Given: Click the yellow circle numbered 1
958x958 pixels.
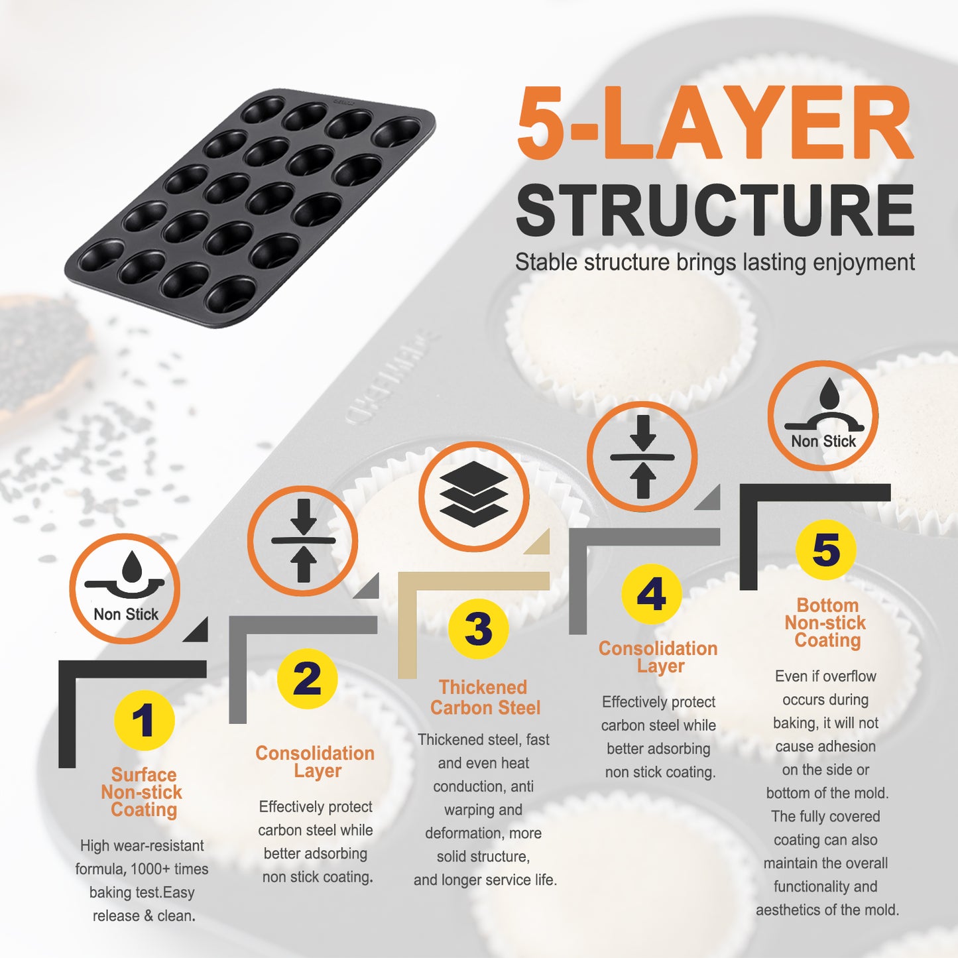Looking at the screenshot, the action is (x=144, y=720).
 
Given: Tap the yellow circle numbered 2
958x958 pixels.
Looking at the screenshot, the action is (x=307, y=679).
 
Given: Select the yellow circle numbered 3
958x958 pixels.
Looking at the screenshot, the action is (x=478, y=629).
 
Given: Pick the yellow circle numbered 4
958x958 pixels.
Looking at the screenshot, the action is (x=651, y=593).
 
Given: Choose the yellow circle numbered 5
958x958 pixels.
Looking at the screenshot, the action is (x=826, y=550).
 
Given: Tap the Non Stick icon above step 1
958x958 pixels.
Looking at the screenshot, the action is (x=125, y=588).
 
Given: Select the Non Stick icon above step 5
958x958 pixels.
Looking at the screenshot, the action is (x=823, y=416).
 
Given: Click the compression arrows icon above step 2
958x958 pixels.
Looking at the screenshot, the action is (x=303, y=541).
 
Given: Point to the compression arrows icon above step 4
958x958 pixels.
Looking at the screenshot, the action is (x=642, y=457).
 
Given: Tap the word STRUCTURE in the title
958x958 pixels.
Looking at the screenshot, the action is (x=715, y=210).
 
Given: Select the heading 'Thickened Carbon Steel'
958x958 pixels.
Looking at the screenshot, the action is (x=485, y=697).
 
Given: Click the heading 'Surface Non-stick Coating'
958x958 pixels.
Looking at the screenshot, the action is (x=143, y=792).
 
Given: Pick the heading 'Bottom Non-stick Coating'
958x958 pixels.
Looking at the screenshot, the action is (x=826, y=623).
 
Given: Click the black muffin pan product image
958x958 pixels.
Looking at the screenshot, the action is (x=250, y=208).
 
